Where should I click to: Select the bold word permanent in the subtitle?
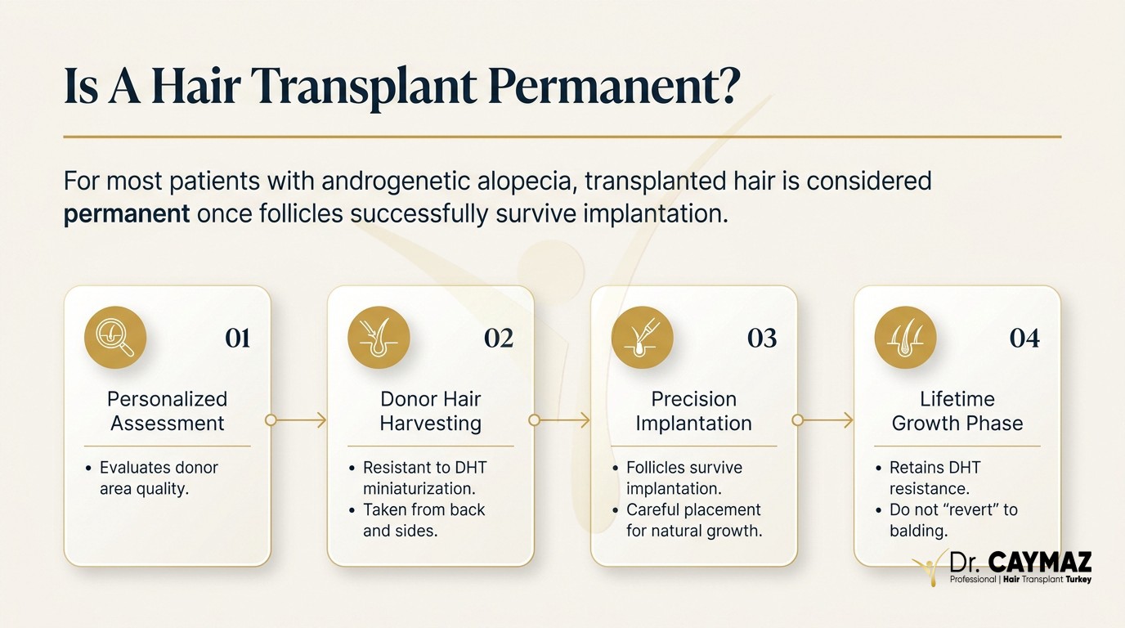[x=127, y=214]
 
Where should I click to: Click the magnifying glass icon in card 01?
[x=115, y=337]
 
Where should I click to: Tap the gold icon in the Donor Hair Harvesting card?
[x=379, y=337]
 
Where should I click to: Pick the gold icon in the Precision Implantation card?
[x=642, y=337]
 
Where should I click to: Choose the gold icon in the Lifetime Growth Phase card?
[x=906, y=337]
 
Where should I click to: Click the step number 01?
[x=238, y=338]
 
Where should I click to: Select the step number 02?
[x=499, y=338]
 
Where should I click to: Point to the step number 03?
[x=762, y=338]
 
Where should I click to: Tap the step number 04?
[x=1024, y=338]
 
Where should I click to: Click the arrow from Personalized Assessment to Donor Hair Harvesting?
[x=296, y=420]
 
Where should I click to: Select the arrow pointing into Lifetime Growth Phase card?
[x=822, y=420]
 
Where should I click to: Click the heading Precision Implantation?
[x=693, y=411]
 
